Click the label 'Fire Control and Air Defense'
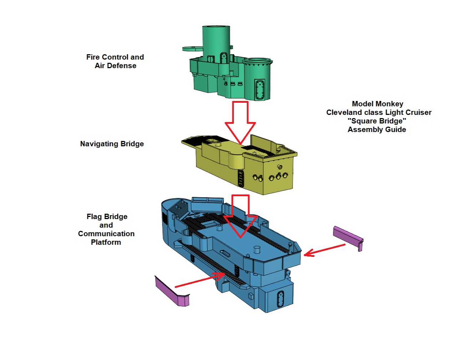pyautogui.click(x=115, y=61)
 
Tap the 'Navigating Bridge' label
pyautogui.click(x=112, y=144)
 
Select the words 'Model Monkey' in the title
pyautogui.click(x=377, y=104)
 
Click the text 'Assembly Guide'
pyautogui.click(x=377, y=130)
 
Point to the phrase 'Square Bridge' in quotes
pyautogui.click(x=377, y=121)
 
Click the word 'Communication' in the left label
pyautogui.click(x=106, y=234)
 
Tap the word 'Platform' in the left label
pyautogui.click(x=106, y=242)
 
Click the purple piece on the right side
pyautogui.click(x=348, y=237)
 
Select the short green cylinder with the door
pyautogui.click(x=257, y=78)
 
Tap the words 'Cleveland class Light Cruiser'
pyautogui.click(x=379, y=112)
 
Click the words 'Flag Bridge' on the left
pyautogui.click(x=107, y=217)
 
